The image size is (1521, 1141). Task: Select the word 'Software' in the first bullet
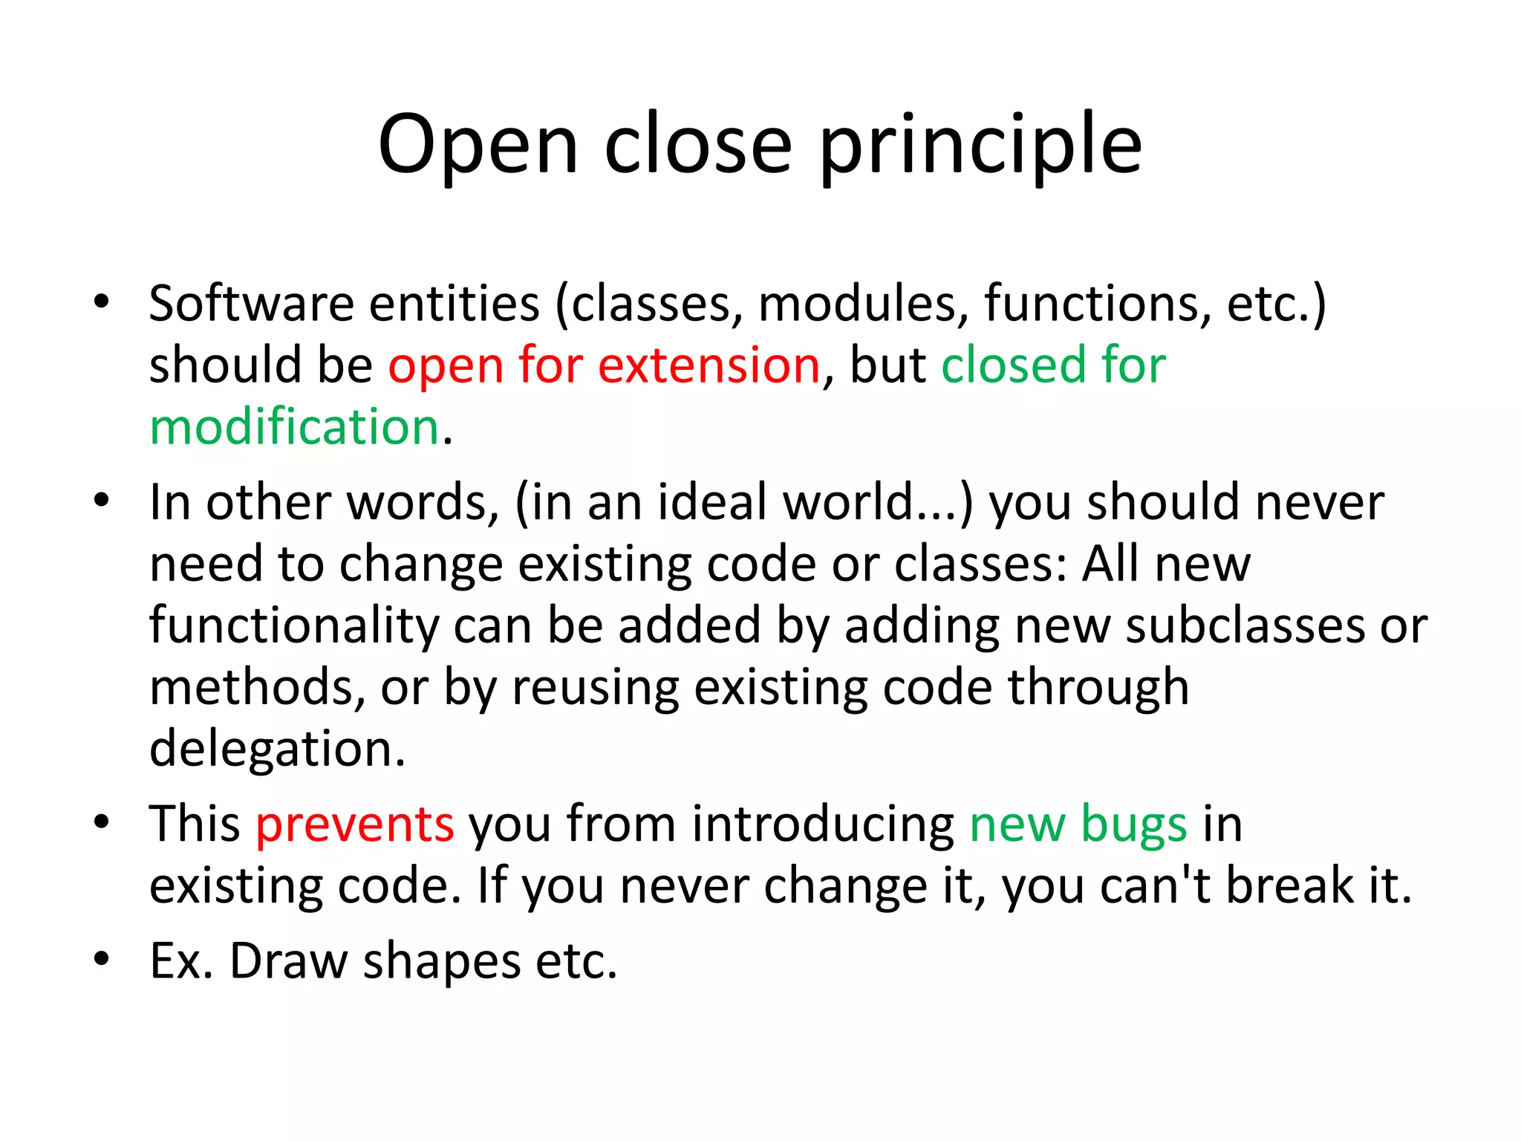251,304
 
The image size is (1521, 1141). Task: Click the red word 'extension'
709,365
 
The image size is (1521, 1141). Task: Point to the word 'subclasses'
1245,625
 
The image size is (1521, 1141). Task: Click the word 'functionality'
294,625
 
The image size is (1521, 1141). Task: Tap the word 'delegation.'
277,749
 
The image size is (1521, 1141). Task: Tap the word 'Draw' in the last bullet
288,961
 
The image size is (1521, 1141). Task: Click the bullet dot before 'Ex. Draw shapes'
102,958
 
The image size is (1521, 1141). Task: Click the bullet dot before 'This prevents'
102,822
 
